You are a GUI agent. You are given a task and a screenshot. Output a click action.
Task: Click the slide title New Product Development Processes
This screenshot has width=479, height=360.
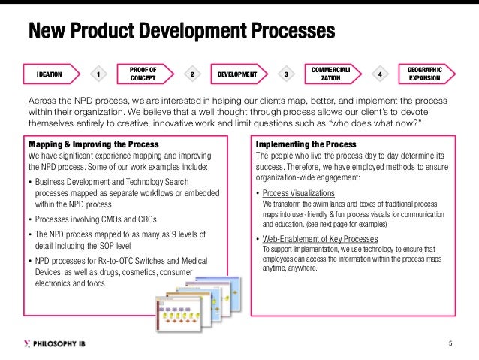pyautogui.click(x=180, y=32)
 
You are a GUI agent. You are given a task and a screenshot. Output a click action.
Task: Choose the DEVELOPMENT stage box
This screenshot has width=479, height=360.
pyautogui.click(x=236, y=74)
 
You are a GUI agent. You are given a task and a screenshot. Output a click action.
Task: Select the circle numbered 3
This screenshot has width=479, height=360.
pyautogui.click(x=286, y=74)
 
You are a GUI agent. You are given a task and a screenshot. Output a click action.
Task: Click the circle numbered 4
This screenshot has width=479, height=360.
pyautogui.click(x=380, y=74)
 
